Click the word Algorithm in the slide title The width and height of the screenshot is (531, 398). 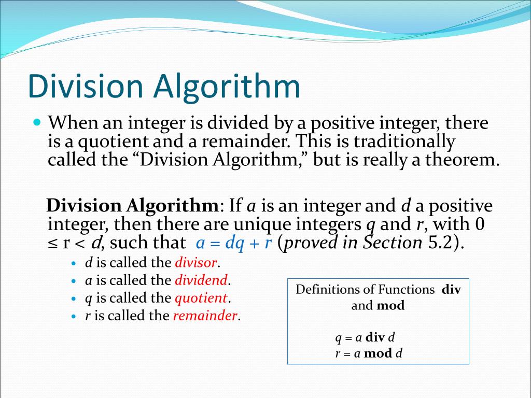coord(227,87)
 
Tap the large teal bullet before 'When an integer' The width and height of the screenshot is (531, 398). coord(36,123)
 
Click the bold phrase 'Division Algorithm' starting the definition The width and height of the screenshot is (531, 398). coord(132,206)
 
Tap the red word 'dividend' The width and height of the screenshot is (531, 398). coord(201,280)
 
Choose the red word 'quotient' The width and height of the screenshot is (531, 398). coord(201,298)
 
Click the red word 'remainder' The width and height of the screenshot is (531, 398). coord(205,316)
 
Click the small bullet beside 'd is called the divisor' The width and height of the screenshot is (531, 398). coord(74,263)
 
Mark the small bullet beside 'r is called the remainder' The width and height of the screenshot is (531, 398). coord(74,316)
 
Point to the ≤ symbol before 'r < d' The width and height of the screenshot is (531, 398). coord(51,243)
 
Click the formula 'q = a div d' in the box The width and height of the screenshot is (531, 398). coord(365,338)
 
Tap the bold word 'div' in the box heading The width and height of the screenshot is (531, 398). coord(451,290)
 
